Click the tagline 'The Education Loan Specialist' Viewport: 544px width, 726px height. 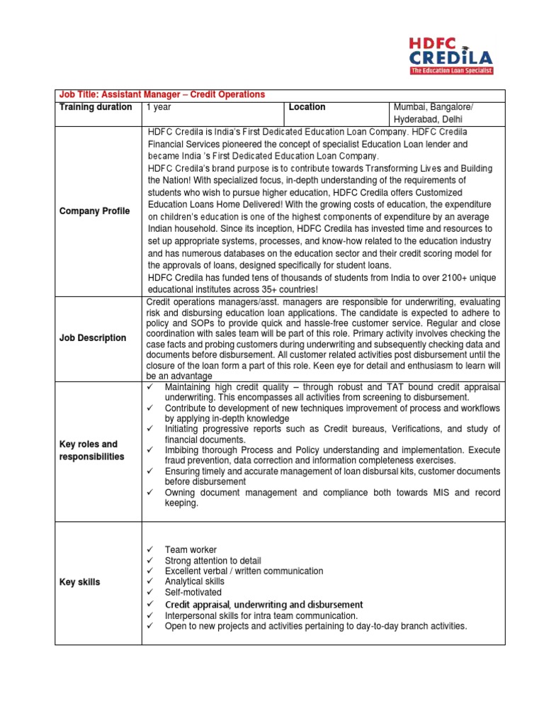pos(451,71)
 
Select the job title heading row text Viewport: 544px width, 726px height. pos(162,94)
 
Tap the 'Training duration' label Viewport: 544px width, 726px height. pos(96,107)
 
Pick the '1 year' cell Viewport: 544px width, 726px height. pos(159,107)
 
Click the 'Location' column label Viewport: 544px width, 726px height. pos(307,107)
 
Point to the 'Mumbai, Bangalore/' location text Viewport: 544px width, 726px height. pos(434,107)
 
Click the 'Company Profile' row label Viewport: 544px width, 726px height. pos(95,211)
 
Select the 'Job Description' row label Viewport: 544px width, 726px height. pos(93,338)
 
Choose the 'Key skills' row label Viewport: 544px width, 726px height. pos(80,582)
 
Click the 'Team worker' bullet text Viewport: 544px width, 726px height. pos(191,549)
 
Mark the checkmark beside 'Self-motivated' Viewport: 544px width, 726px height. pos(150,592)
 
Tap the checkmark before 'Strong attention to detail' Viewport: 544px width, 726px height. pos(150,560)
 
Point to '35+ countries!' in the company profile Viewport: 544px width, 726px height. pos(285,289)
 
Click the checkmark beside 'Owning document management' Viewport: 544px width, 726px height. pos(150,492)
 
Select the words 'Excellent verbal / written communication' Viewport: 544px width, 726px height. pos(244,571)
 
